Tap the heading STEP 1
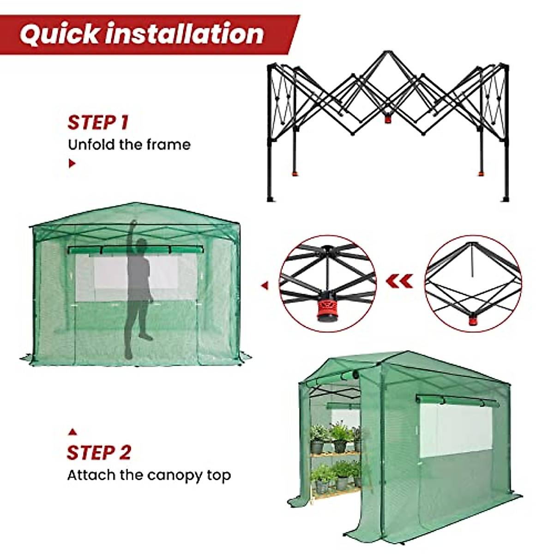coord(98,123)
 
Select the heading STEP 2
coord(99,452)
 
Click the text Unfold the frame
coord(129,145)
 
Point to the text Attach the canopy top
coord(149,475)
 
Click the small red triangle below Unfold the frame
coord(72,163)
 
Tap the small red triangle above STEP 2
coord(72,432)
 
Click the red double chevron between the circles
coord(400,280)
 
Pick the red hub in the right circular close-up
coord(473,319)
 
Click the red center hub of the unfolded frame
coord(387,118)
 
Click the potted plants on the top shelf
coord(335,437)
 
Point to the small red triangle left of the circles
coord(265,286)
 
